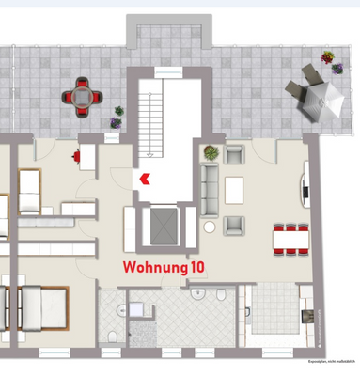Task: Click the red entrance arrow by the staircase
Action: (x=144, y=176)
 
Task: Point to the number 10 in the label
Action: (x=196, y=267)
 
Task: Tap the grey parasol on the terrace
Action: (x=321, y=98)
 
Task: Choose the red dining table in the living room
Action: (x=290, y=238)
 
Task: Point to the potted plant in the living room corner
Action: (x=208, y=151)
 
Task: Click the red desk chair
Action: (x=74, y=157)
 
